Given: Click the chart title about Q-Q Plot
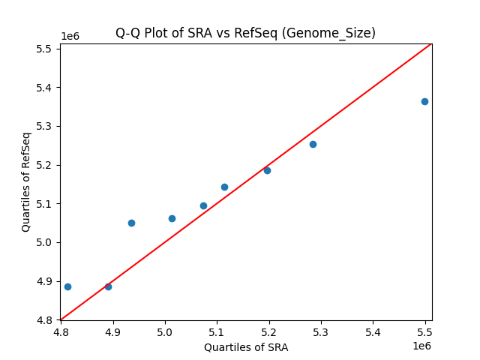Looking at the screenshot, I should coord(245,33).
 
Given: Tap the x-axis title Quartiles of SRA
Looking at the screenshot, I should coord(246,347).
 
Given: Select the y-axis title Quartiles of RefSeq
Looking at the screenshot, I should coord(26,181).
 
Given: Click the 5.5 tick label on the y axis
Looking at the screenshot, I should coord(46,49).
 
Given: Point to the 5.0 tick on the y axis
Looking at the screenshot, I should coord(46,243).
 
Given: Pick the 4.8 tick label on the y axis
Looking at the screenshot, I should coord(46,320).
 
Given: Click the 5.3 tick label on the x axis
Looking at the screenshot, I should coord(321,331).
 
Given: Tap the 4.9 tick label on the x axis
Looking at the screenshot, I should coord(113,331).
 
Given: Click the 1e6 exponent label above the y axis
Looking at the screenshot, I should coord(70,37).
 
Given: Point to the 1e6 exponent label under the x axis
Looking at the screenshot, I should coord(421,346).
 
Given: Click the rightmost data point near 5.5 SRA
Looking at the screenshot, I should coord(424,101).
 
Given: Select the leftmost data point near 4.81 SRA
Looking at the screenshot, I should coord(67,286).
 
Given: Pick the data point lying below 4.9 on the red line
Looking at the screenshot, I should coord(108,286).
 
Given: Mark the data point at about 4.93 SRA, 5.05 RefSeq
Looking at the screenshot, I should coord(131,223).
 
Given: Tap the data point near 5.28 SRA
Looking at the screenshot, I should coord(313,144).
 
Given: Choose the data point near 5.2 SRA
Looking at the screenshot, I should coord(267,170).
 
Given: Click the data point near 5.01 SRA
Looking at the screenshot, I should coord(172,218).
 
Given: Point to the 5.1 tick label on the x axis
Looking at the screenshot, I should coord(217,331).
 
